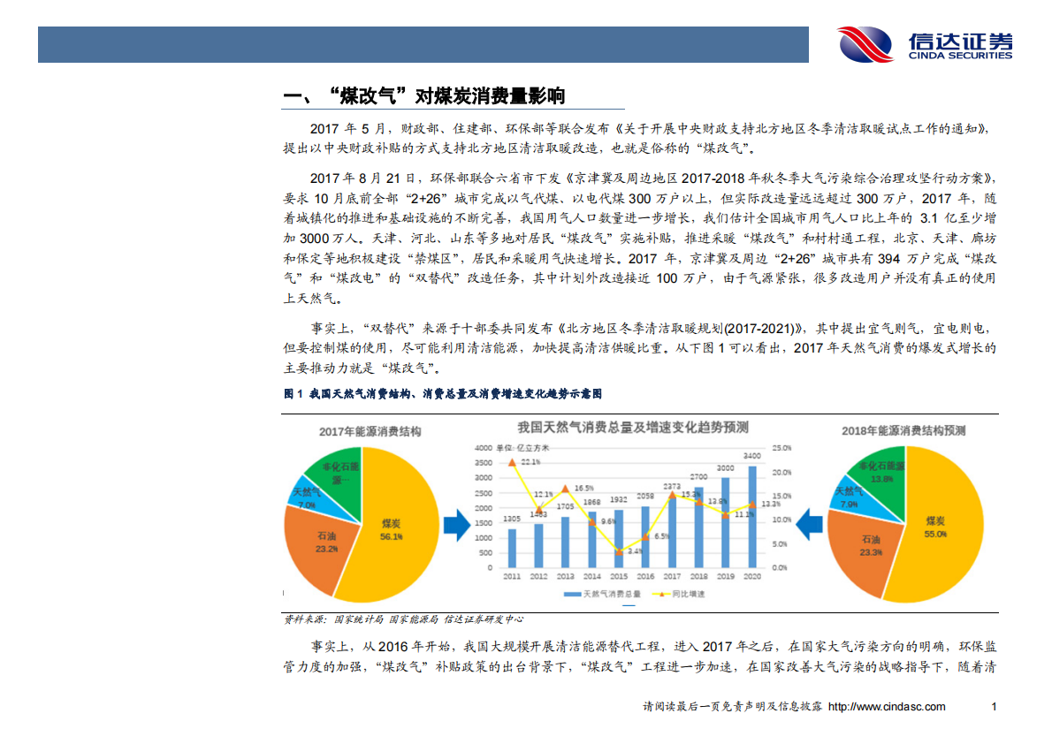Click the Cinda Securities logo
coord(924,44)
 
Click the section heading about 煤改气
coord(423,96)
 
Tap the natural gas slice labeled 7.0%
coord(307,497)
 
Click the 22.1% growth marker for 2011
coord(513,462)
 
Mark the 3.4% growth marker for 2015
coord(619,551)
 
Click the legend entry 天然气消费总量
coord(609,594)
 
